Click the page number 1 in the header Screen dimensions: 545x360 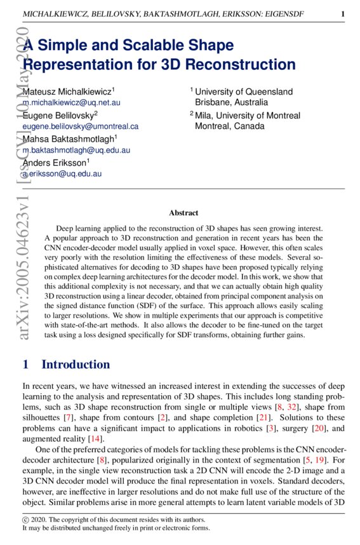[x=342, y=13]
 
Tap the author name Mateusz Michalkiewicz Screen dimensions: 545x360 [x=68, y=91]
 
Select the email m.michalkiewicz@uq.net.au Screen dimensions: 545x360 [x=71, y=102]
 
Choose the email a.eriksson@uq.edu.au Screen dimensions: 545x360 [x=62, y=173]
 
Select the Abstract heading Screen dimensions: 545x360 [x=183, y=213]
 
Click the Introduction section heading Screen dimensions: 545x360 [x=76, y=365]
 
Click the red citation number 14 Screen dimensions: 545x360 [x=95, y=439]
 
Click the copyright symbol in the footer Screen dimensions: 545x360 [x=25, y=519]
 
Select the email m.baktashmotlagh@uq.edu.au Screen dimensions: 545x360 [x=76, y=150]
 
